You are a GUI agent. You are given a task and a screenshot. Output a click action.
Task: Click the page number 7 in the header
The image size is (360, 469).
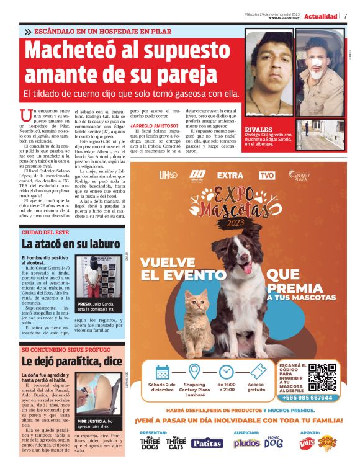[x=345, y=16]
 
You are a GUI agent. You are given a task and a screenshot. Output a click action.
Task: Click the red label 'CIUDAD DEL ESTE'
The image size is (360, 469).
[x=45, y=232]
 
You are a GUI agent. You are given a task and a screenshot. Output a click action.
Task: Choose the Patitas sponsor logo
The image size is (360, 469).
[x=206, y=442]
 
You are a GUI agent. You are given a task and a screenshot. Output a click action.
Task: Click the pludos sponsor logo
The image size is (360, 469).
[x=246, y=443]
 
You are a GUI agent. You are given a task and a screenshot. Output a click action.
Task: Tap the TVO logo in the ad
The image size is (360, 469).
[x=266, y=175]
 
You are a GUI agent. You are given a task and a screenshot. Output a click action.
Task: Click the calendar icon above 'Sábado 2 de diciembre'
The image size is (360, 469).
[x=163, y=372]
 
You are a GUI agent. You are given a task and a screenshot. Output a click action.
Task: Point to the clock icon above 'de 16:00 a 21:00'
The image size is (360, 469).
[x=227, y=372]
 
